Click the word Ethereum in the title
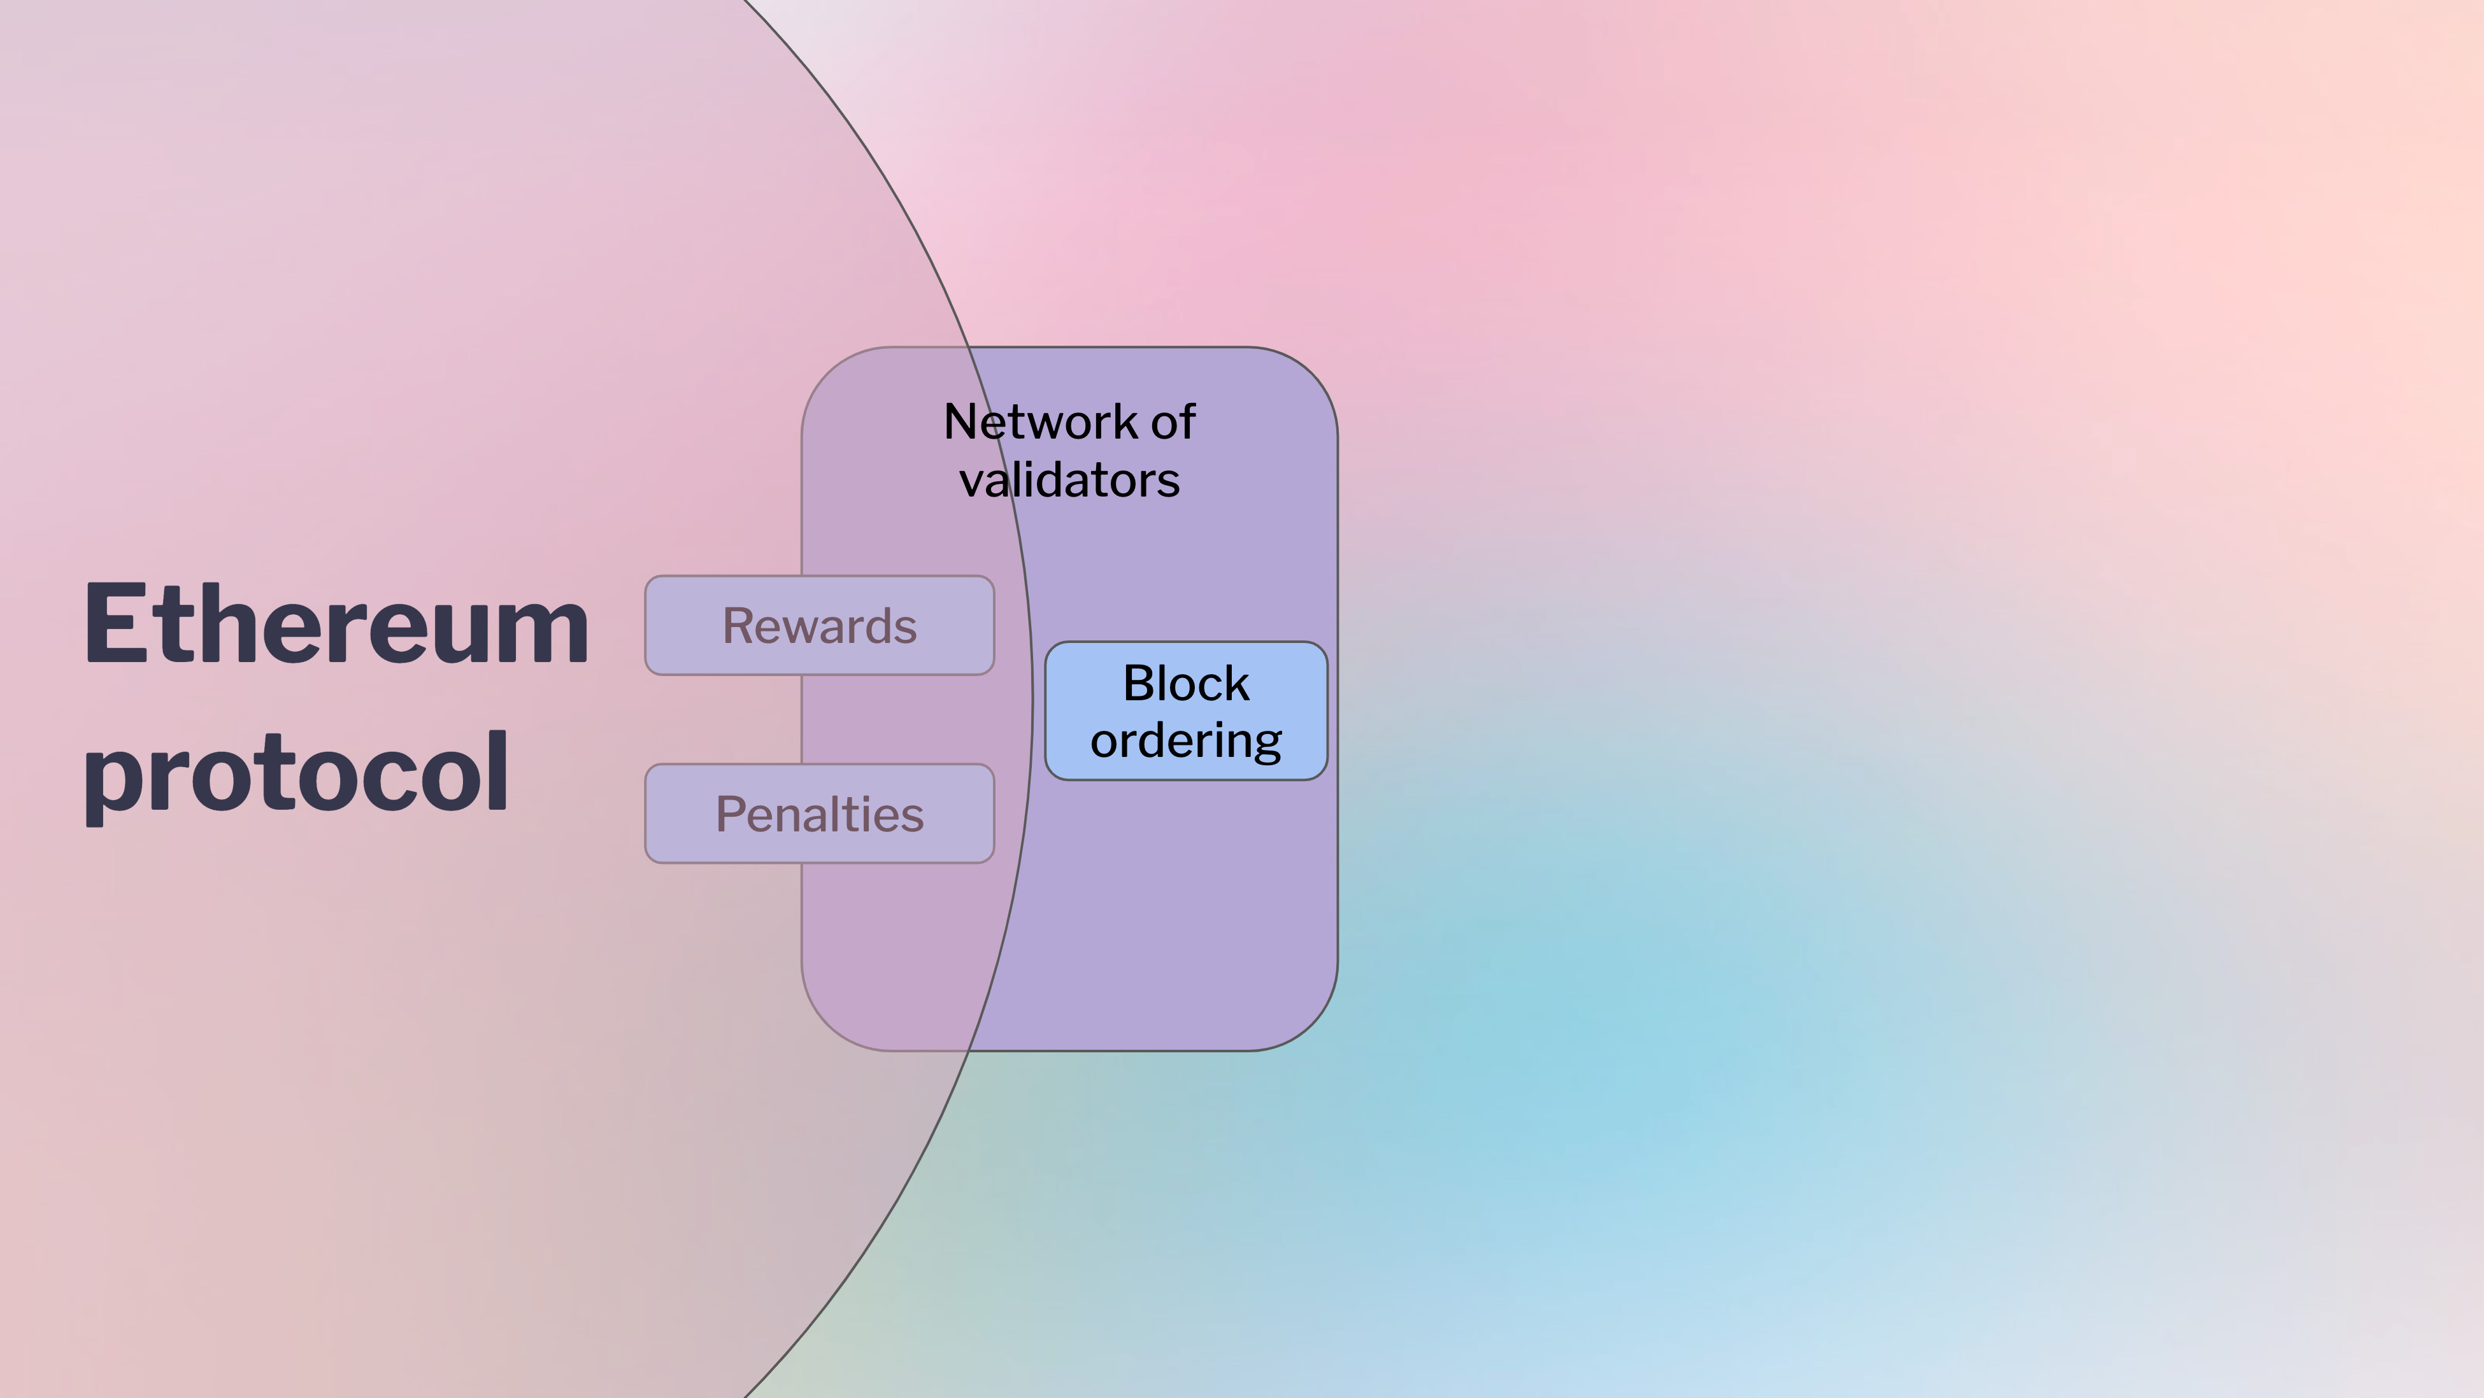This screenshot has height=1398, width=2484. [x=336, y=624]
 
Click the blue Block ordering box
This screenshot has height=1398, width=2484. [x=1186, y=710]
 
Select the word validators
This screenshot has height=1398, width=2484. [x=1069, y=480]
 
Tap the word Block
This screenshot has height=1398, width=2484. [x=1186, y=684]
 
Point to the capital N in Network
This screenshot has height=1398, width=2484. [x=962, y=422]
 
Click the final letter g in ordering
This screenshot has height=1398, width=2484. [x=1266, y=747]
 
